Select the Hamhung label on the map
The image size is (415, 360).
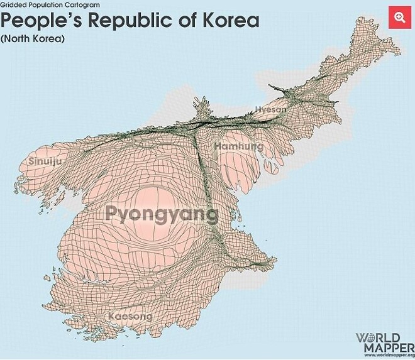pos(239,146)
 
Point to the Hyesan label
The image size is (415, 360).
pos(270,109)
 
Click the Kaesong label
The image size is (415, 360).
pos(130,316)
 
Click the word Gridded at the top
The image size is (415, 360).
pos(14,4)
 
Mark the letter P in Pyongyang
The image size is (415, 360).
pos(113,214)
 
